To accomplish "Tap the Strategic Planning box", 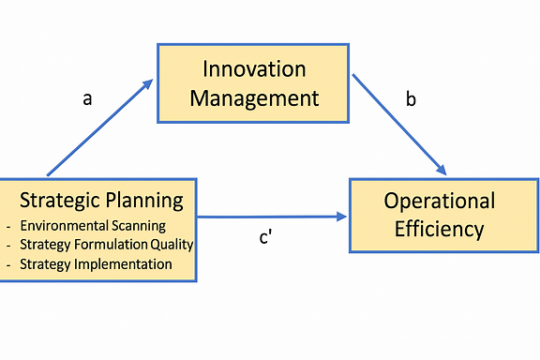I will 98,230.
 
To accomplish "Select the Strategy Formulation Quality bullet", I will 106,245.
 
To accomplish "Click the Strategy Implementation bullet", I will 96,264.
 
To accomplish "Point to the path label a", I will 87,97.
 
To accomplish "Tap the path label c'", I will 265,237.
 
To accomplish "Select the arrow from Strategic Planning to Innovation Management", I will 97,129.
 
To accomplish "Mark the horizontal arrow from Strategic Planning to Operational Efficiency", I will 272,217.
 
